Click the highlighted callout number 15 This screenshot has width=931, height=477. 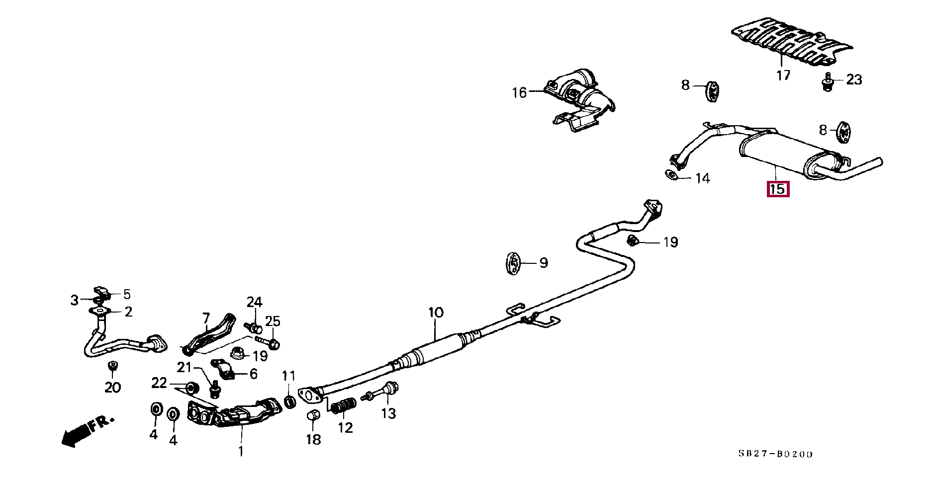click(778, 189)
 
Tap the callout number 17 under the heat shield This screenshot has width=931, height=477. click(783, 76)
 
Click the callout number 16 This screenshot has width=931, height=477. click(519, 93)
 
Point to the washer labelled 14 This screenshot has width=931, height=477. click(671, 174)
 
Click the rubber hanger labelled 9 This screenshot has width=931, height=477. click(514, 263)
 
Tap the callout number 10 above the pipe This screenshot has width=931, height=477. click(435, 313)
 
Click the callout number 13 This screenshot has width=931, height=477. click(388, 413)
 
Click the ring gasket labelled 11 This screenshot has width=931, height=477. click(289, 401)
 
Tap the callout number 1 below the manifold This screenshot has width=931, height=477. click(241, 451)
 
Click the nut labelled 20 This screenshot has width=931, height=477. click(113, 366)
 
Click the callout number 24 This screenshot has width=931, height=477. click(254, 302)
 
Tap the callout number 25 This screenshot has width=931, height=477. click(273, 321)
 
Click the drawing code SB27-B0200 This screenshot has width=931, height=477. click(775, 454)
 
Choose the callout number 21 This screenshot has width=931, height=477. click(184, 368)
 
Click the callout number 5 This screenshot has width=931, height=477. click(127, 294)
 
